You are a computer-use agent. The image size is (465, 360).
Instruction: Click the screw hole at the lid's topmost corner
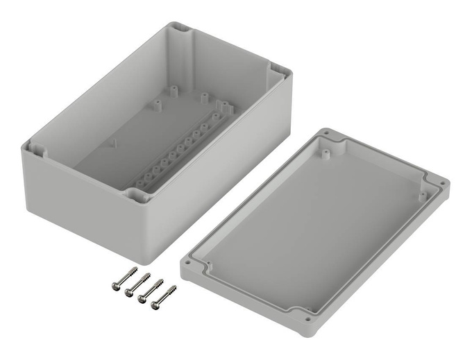326,132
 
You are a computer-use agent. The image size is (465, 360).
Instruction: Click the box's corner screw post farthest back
181,29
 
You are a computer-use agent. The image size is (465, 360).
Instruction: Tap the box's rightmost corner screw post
276,71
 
